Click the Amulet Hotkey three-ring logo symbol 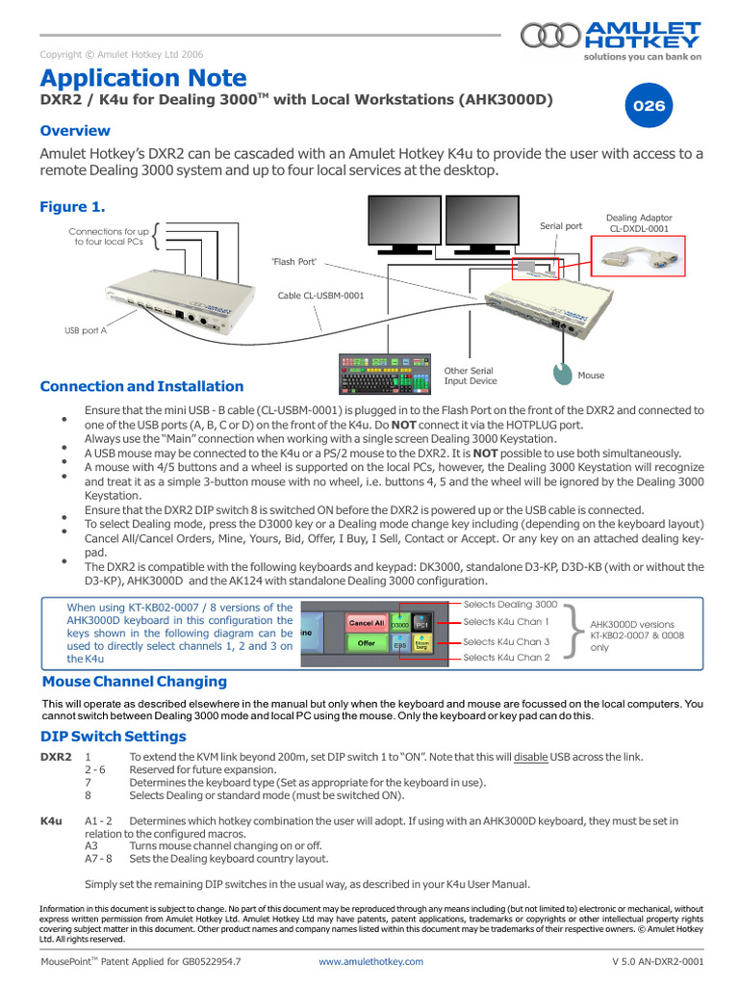click(550, 36)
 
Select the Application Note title click(142, 78)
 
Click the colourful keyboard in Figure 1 click(384, 375)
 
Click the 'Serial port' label click(561, 226)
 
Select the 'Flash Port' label click(294, 262)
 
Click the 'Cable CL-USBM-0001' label click(320, 296)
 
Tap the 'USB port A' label click(86, 329)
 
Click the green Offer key click(366, 643)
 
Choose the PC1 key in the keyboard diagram click(421, 625)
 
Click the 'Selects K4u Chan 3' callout click(505, 641)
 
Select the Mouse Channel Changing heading click(135, 682)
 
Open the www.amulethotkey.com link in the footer click(370, 961)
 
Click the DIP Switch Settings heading click(113, 737)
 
